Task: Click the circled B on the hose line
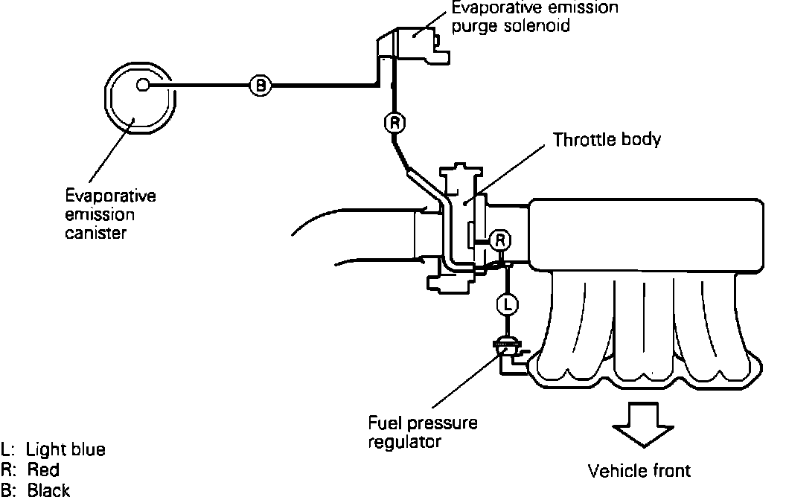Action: tap(260, 86)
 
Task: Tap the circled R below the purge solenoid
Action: tap(394, 122)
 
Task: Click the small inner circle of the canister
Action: tap(144, 86)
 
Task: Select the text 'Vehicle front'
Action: tap(639, 470)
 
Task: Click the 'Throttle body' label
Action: tap(607, 139)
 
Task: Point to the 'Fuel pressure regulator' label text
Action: tap(423, 432)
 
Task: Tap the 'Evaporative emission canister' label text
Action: tap(110, 214)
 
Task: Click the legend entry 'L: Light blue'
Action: tap(54, 449)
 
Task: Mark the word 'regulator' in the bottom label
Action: tap(406, 441)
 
